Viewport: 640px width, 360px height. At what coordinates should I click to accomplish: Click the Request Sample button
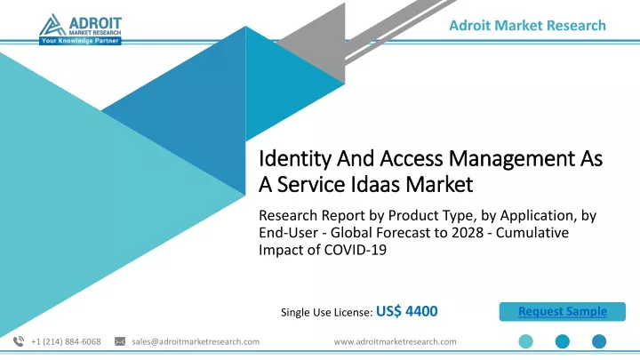click(x=562, y=311)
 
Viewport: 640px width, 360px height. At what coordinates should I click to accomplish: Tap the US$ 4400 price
click(x=406, y=311)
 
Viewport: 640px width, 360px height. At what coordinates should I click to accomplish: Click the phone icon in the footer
click(x=19, y=341)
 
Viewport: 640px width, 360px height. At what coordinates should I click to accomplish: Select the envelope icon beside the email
click(x=120, y=341)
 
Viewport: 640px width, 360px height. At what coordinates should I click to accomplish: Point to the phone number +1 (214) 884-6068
click(x=66, y=341)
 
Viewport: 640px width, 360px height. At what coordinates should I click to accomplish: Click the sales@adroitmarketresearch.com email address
click(x=196, y=341)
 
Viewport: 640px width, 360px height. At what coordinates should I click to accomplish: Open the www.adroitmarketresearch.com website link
click(x=395, y=341)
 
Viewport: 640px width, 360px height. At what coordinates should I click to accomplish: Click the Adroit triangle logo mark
click(x=52, y=25)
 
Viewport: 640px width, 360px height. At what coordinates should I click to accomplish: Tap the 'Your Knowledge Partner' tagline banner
click(x=80, y=41)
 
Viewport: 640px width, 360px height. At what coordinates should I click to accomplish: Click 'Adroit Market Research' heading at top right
click(x=527, y=25)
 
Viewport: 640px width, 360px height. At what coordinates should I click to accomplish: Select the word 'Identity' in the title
click(x=295, y=159)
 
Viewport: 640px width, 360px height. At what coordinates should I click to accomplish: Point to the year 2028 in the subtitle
click(x=471, y=232)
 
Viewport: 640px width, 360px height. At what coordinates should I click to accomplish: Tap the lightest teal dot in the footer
click(x=525, y=341)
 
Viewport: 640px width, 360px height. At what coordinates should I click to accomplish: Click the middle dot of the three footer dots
click(x=563, y=341)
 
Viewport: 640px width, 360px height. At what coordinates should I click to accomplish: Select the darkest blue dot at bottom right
click(x=599, y=341)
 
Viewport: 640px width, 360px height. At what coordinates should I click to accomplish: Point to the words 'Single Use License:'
click(x=326, y=312)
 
